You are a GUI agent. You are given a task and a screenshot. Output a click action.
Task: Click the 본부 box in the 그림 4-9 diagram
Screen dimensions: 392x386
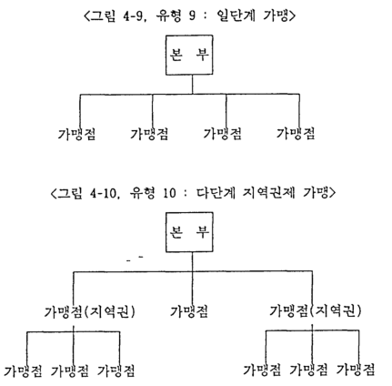tap(189, 55)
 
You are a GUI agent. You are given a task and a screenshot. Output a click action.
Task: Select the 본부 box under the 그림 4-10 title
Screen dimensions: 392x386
tap(189, 232)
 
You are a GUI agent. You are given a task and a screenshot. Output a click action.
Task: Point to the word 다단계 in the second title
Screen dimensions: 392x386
tap(216, 193)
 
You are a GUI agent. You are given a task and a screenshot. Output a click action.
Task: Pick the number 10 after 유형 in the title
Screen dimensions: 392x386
tap(169, 193)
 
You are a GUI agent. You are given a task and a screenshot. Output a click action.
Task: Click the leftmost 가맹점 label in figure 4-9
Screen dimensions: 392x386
tap(76, 134)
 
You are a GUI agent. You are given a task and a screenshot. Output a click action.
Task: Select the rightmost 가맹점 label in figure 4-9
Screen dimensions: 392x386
tap(296, 134)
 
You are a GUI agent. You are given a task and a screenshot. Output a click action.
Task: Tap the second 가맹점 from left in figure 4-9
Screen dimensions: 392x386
tap(149, 134)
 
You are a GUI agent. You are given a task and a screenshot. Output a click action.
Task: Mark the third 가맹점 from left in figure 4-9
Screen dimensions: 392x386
tap(222, 134)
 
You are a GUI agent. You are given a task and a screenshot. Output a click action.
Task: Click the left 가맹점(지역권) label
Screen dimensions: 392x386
tap(90, 311)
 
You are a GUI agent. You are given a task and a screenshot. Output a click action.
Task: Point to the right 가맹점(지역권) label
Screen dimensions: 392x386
tap(316, 311)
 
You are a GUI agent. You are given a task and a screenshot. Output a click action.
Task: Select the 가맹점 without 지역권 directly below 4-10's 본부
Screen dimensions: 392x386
tap(189, 311)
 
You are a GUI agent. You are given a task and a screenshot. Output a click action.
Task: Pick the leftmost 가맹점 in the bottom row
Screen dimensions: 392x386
tap(23, 371)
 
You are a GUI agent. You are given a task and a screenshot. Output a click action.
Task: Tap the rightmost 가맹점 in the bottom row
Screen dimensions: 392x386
tap(356, 370)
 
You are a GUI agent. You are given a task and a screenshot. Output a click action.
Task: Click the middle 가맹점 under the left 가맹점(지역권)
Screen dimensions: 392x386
tap(70, 371)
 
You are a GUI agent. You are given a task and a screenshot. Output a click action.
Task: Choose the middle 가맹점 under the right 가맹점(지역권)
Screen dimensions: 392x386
tap(309, 370)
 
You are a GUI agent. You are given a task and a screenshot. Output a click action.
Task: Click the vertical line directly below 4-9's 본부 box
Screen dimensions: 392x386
tap(192, 85)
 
